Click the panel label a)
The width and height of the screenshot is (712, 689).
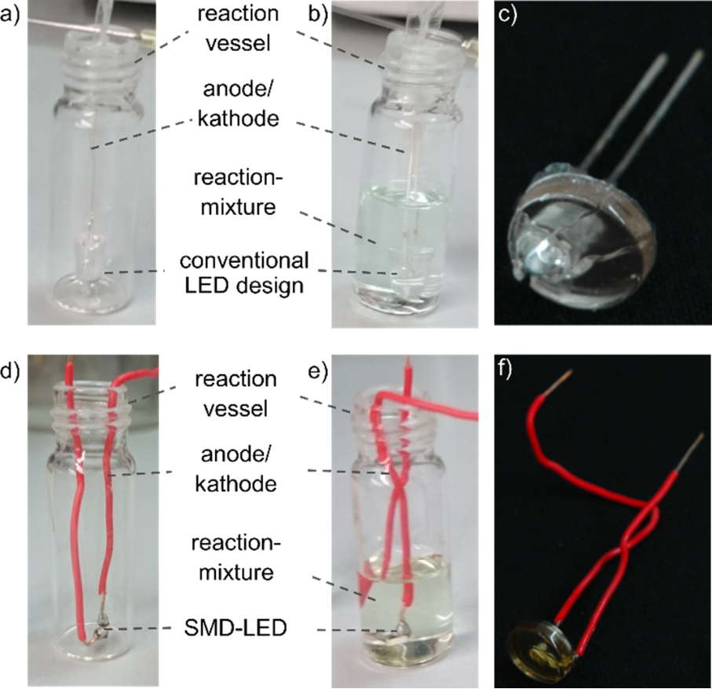pyautogui.click(x=10, y=16)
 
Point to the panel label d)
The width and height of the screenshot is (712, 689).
pyautogui.click(x=10, y=371)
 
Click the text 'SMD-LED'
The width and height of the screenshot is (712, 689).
pyautogui.click(x=236, y=628)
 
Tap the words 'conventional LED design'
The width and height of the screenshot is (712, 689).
pyautogui.click(x=244, y=273)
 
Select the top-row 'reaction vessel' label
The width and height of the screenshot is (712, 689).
pyautogui.click(x=238, y=28)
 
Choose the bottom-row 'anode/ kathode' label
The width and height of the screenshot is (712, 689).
pyautogui.click(x=236, y=468)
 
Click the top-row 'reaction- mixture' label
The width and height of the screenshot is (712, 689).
pyautogui.click(x=238, y=192)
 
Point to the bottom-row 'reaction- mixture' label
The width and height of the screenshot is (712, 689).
pyautogui.click(x=236, y=557)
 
